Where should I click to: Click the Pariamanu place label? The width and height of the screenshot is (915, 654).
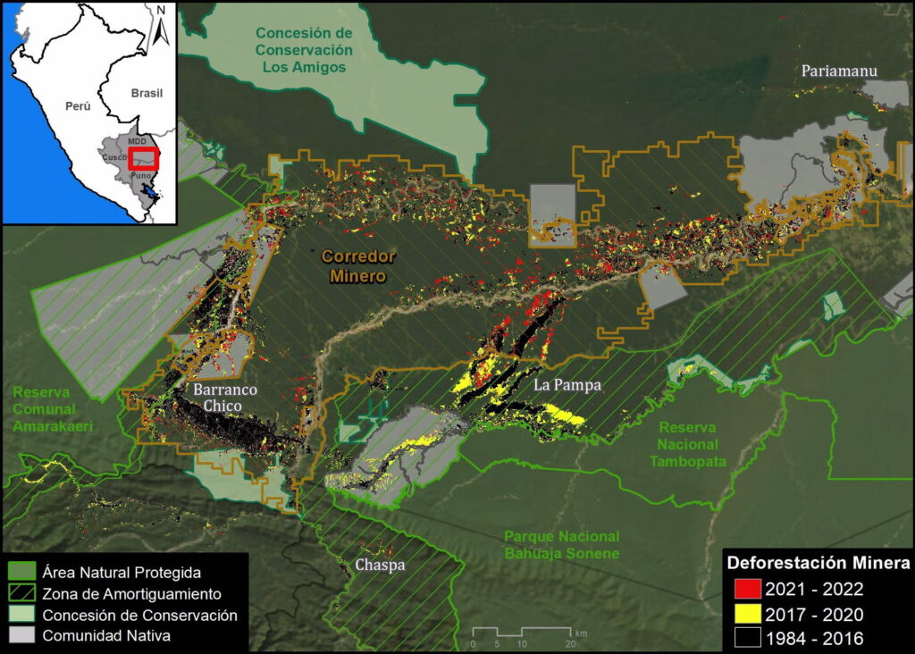click(838, 71)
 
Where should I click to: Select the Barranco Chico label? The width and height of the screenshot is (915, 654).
click(225, 398)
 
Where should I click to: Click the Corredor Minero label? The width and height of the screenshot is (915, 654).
click(356, 266)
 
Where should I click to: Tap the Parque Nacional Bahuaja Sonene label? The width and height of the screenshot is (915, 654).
click(561, 544)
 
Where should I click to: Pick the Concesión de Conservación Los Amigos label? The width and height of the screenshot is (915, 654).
click(303, 49)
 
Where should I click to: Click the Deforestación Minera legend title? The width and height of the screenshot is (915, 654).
click(818, 564)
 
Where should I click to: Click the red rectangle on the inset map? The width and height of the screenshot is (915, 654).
click(143, 159)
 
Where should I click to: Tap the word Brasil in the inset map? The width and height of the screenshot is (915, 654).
click(147, 93)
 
